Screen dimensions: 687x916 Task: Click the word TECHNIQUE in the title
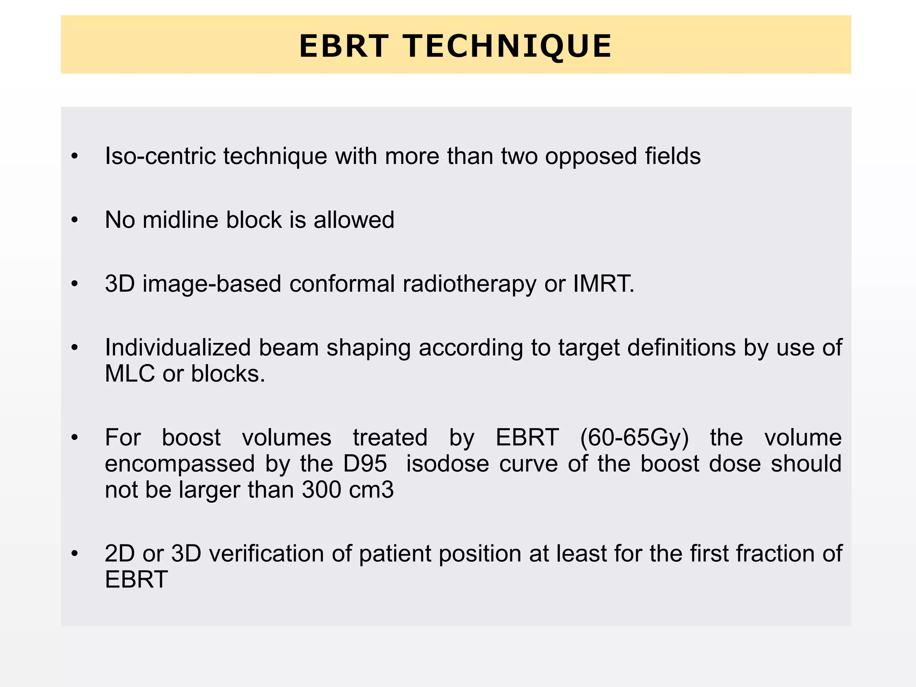(507, 46)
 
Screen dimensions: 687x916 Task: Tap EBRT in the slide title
(343, 46)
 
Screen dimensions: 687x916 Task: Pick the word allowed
(354, 220)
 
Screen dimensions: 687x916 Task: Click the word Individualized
(178, 348)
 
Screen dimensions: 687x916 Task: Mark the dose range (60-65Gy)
(635, 437)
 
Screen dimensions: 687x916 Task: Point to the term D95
(365, 463)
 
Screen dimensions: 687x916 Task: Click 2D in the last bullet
(119, 553)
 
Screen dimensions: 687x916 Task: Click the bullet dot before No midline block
(75, 220)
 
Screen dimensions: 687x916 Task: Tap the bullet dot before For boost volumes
(75, 438)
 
